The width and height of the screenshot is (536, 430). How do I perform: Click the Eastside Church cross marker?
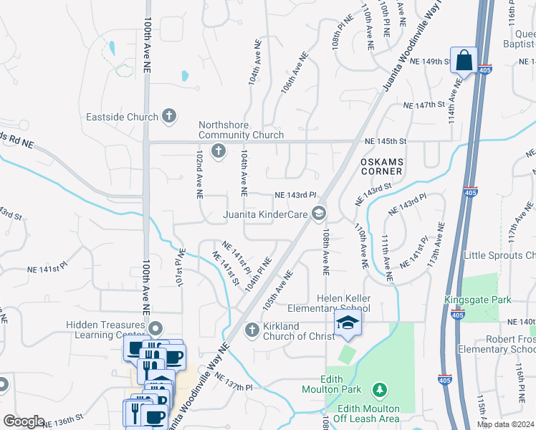pyautogui.click(x=169, y=115)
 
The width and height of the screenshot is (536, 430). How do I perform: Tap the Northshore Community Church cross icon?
pyautogui.click(x=218, y=150)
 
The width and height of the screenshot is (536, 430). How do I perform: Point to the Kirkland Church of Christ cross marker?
pyautogui.click(x=252, y=330)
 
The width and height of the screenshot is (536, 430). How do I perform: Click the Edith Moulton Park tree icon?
pyautogui.click(x=379, y=391)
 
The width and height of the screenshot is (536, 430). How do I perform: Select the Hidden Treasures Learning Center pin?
pyautogui.click(x=155, y=328)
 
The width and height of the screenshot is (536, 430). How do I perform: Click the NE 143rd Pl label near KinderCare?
pyautogui.click(x=296, y=195)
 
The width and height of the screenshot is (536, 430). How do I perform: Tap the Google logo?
pyautogui.click(x=24, y=421)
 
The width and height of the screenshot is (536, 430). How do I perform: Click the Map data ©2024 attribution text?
pyautogui.click(x=505, y=424)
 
